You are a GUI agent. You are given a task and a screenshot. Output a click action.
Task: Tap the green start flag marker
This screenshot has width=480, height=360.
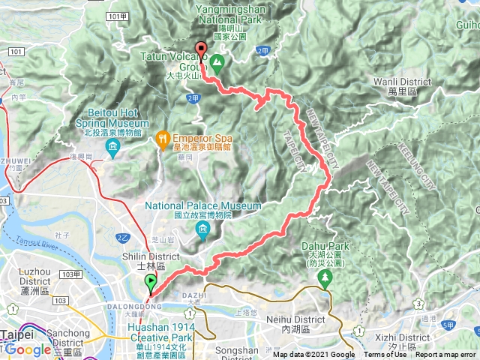(x=151, y=283)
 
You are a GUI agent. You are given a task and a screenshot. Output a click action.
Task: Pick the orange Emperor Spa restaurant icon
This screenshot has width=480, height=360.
(x=163, y=137)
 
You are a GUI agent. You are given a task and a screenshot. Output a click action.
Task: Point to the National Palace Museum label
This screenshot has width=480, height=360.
(x=203, y=205)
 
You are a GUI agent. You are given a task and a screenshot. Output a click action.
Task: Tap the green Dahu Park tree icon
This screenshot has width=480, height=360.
(x=325, y=279)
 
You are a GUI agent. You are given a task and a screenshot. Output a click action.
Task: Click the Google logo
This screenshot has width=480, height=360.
(x=28, y=349)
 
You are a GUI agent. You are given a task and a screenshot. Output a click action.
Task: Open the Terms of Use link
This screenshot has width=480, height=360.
(x=385, y=355)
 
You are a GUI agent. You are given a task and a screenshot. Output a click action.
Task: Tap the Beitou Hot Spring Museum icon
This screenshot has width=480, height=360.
(x=112, y=145)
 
